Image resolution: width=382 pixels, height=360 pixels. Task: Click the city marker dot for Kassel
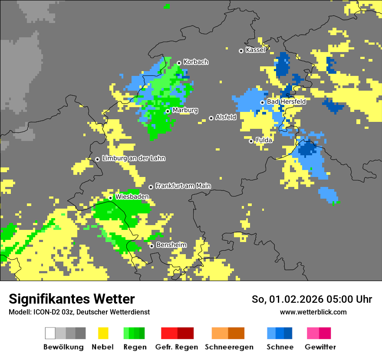click(x=241, y=51)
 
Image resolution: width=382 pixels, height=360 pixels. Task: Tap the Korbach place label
click(x=196, y=62)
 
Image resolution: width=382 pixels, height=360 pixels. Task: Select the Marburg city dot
click(x=168, y=111)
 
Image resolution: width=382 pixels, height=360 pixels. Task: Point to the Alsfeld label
click(x=226, y=117)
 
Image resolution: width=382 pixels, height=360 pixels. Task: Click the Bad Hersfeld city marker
click(x=262, y=102)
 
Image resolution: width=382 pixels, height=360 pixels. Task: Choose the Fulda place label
click(x=264, y=141)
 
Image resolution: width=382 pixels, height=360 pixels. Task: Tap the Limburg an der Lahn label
click(x=134, y=158)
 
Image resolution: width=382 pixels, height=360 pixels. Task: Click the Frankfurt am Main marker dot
click(x=151, y=187)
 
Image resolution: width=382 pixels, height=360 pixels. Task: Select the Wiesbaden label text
click(x=132, y=197)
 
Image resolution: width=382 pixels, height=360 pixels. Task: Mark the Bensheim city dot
click(x=151, y=246)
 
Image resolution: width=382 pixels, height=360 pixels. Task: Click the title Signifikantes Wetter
click(x=72, y=299)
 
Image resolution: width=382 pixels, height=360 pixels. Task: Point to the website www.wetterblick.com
click(x=313, y=312)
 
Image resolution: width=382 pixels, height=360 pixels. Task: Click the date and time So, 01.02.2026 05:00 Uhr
click(x=312, y=299)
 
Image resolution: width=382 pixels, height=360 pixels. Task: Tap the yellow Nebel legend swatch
click(x=103, y=333)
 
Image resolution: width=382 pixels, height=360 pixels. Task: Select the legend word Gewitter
click(x=320, y=347)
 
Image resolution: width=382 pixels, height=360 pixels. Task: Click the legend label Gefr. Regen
click(x=177, y=347)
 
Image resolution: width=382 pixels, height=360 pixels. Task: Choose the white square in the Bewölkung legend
click(x=50, y=333)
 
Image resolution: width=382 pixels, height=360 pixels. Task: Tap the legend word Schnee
click(x=280, y=347)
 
